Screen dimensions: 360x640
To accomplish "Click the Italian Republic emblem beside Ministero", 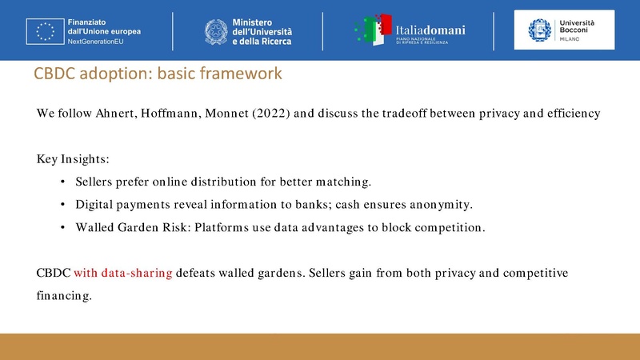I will point(215,30).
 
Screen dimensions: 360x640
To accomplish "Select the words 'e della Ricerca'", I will point(262,41).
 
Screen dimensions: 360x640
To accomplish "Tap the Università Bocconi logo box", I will point(564,30).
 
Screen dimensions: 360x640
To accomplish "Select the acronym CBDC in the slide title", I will point(54,74).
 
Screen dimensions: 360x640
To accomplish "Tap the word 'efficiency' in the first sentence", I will point(572,113).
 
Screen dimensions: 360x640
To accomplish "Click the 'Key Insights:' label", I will point(67,159).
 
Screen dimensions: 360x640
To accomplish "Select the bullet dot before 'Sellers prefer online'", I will point(63,182).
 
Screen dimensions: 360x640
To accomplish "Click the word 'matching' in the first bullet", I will point(345,182).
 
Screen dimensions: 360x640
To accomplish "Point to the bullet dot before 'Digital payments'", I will point(63,205).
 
